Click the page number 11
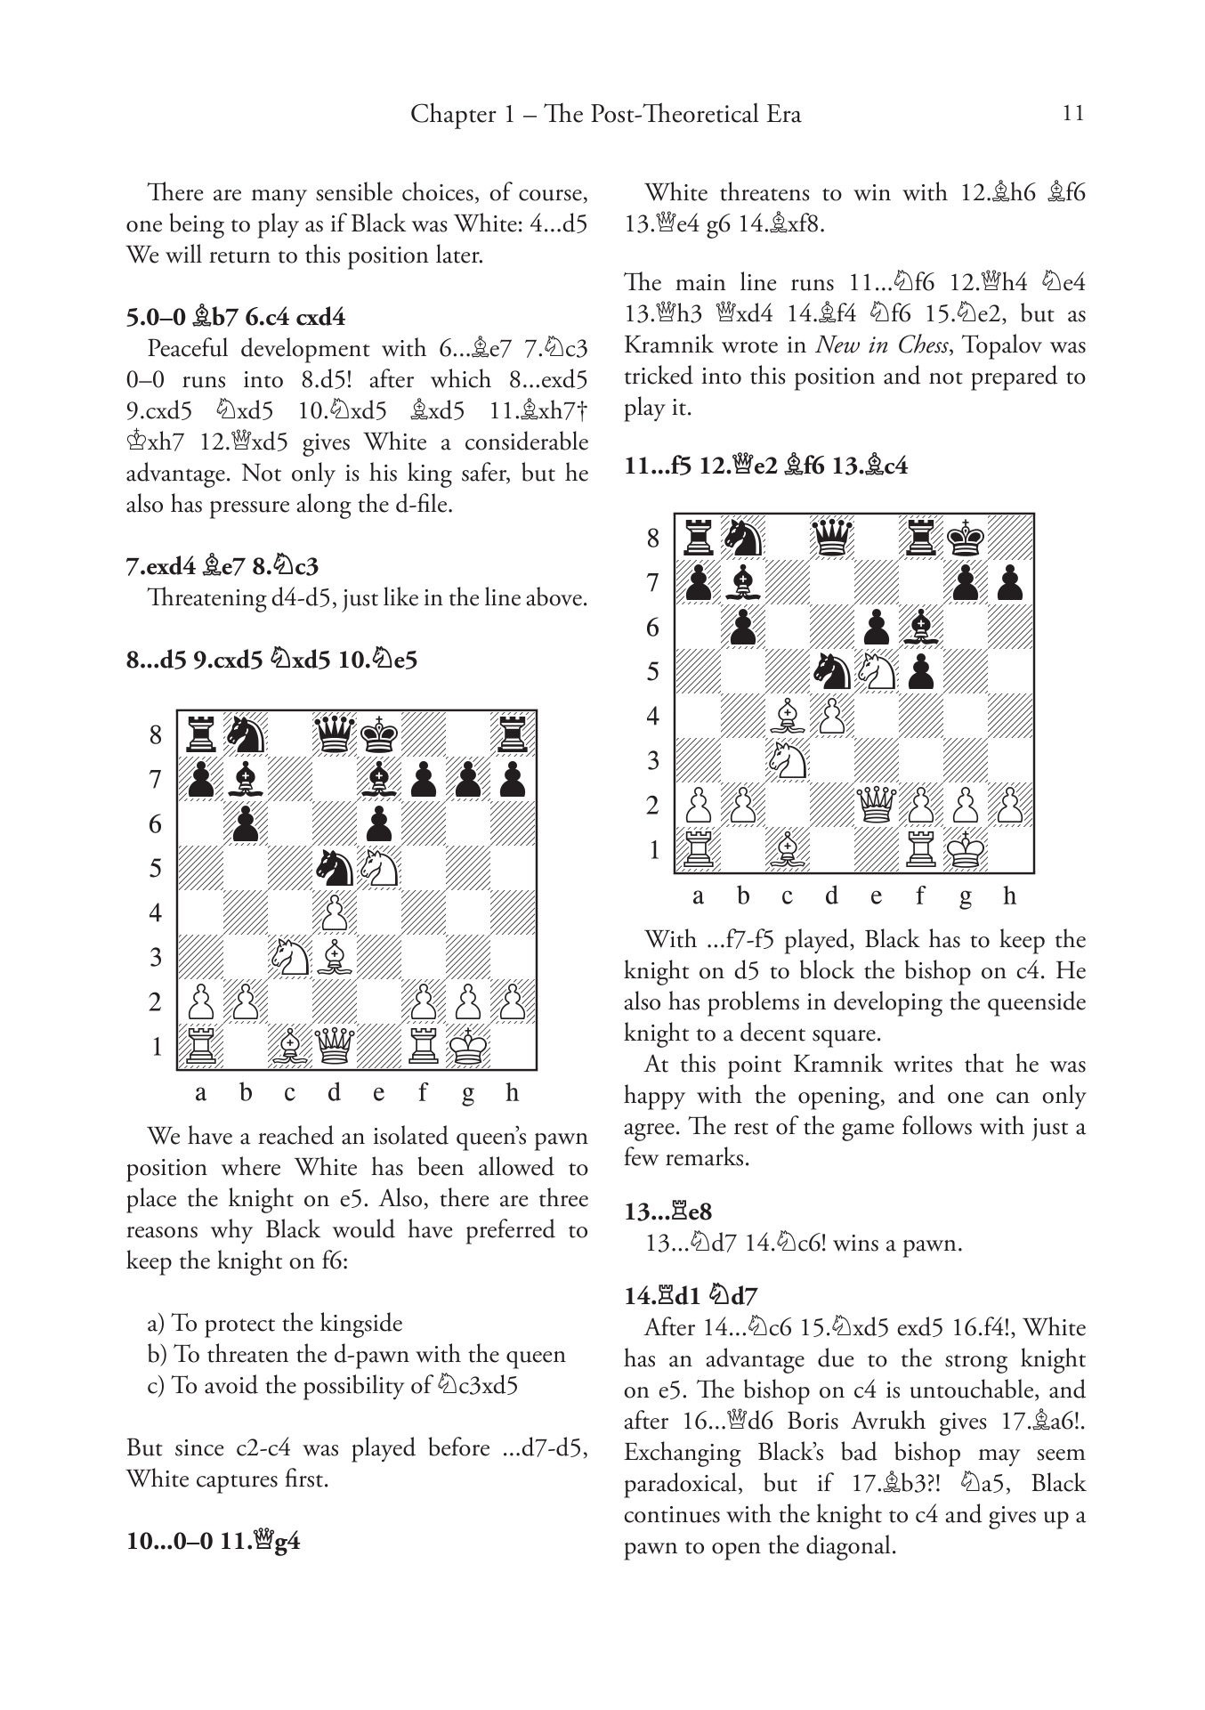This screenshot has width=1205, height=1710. click(x=1073, y=114)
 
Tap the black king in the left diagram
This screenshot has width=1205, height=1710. click(x=379, y=735)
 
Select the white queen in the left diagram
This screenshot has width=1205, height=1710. click(x=335, y=1045)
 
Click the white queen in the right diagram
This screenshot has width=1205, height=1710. click(x=877, y=806)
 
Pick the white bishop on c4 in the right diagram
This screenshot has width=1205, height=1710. click(x=788, y=716)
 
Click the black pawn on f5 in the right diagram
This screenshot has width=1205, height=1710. click(x=921, y=671)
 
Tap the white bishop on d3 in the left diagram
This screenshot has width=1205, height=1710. click(x=335, y=957)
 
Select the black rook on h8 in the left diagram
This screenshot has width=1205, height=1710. click(x=513, y=735)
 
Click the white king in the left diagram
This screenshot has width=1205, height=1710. click(x=468, y=1045)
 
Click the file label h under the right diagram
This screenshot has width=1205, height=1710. click(x=1009, y=896)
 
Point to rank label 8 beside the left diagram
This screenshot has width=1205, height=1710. click(x=157, y=735)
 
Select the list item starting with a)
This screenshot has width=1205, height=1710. click(x=274, y=1324)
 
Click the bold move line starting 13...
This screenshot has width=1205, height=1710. click(x=668, y=1212)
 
